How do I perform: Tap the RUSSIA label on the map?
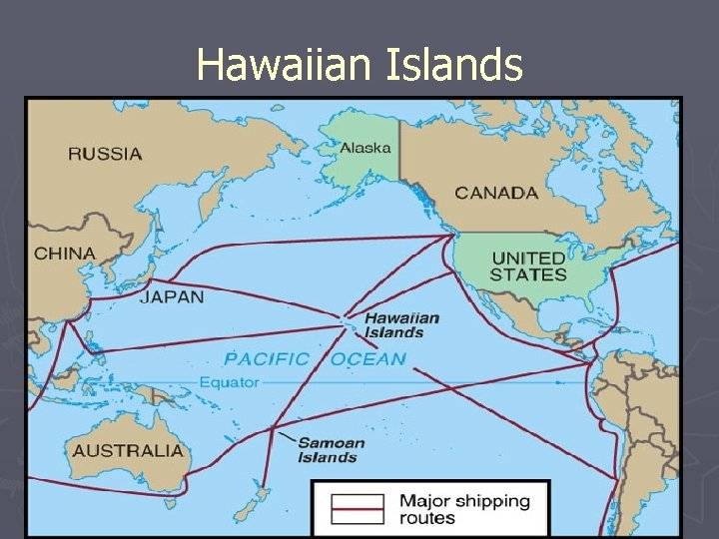pos(105,154)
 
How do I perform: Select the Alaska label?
pos(365,148)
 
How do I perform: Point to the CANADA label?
pos(496,193)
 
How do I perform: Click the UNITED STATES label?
pos(528,267)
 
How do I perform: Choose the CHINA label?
pos(65,254)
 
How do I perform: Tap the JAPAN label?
pos(171,296)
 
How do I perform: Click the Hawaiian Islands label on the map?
pos(401,324)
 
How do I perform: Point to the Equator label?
pos(229,382)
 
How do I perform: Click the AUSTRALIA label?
pos(128,450)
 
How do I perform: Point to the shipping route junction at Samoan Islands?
pos(272,430)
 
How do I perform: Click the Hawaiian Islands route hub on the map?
pos(345,322)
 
